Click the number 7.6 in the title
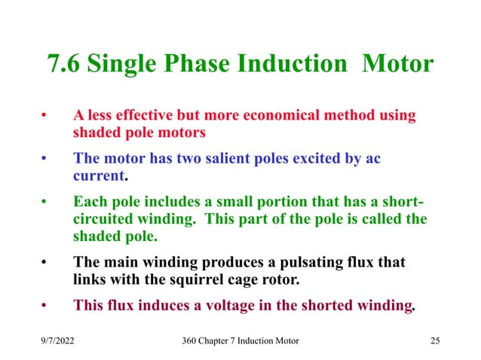coord(65,63)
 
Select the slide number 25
coord(434,341)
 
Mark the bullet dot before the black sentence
coord(44,263)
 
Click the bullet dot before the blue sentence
coord(44,160)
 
